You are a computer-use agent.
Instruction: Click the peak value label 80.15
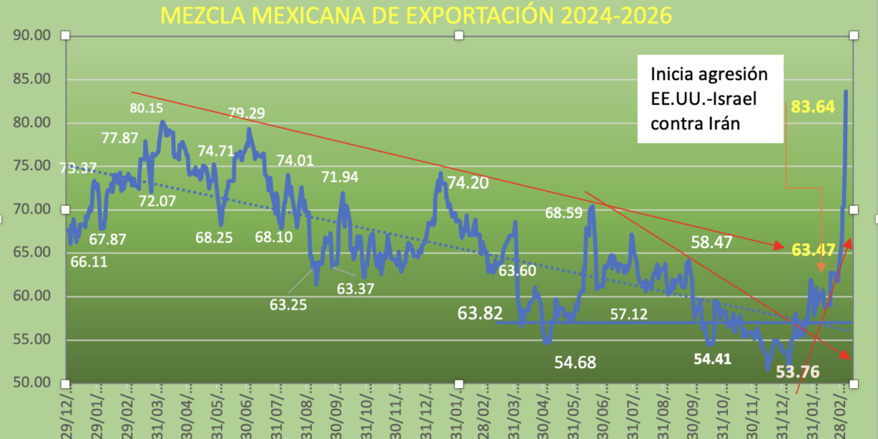tap(147, 108)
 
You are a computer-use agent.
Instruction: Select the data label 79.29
tap(246, 113)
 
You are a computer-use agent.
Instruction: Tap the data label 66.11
tap(89, 261)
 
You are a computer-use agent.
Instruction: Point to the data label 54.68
tap(575, 362)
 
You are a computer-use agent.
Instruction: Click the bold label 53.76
tap(797, 372)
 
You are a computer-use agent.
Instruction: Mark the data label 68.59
tap(565, 212)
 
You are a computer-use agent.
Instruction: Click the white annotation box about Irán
tap(709, 99)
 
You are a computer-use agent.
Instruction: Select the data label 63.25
tap(288, 304)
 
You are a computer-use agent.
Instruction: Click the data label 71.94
tap(340, 177)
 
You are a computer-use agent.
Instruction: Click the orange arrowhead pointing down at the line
tap(822, 267)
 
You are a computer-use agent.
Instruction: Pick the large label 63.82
tap(480, 313)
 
